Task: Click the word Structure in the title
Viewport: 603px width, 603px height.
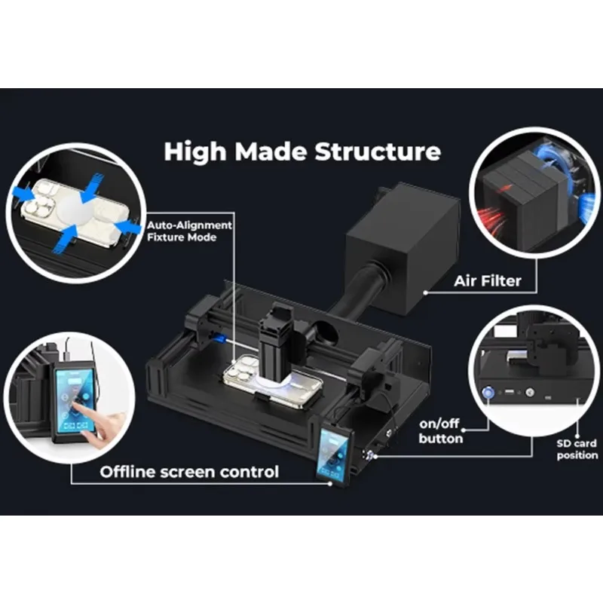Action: (378, 152)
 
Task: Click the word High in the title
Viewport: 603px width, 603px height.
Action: (195, 152)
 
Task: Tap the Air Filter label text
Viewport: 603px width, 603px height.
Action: (488, 281)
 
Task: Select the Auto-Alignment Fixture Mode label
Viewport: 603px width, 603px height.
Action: (189, 231)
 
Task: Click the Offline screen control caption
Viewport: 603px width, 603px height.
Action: (189, 472)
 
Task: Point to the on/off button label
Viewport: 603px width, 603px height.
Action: (440, 431)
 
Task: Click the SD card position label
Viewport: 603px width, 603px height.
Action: (577, 449)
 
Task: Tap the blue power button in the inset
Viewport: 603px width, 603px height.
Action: (488, 393)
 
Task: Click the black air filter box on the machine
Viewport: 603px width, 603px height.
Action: (403, 249)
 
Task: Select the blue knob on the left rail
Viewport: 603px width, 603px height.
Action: (221, 338)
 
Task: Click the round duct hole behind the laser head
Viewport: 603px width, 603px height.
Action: (326, 332)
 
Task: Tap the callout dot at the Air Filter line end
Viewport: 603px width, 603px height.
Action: (426, 292)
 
